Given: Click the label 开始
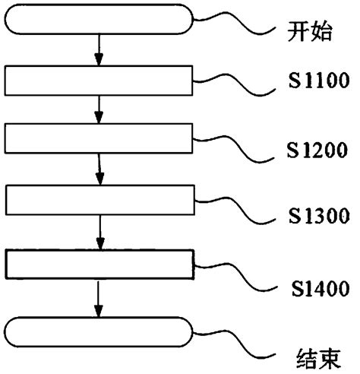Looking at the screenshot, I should tap(311, 33).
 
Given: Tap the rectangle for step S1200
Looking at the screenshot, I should tap(99, 138).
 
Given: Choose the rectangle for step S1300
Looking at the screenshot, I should tap(99, 199).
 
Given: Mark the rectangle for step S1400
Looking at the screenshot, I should tap(99, 264).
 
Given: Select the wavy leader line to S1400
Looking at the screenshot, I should tap(235, 274).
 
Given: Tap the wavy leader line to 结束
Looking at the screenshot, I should tap(235, 341).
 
